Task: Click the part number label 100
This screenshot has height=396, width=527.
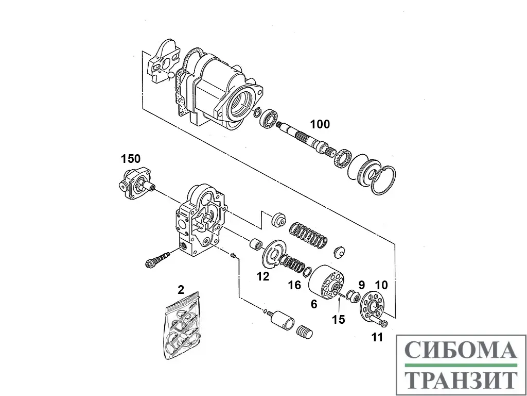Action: (320, 124)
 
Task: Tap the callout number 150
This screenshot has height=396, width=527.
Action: (131, 159)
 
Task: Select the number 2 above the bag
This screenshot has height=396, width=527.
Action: (181, 290)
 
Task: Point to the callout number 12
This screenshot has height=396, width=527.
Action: (263, 276)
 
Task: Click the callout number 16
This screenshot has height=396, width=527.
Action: (294, 285)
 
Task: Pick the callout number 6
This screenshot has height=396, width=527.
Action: (314, 304)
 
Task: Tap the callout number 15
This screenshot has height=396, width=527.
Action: (339, 319)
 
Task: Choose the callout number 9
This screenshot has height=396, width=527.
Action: (361, 285)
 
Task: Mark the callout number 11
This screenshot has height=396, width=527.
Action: (377, 337)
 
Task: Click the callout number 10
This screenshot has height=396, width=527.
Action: (381, 285)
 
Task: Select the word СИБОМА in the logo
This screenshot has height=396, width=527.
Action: (461, 350)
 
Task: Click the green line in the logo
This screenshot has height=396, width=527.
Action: (461, 365)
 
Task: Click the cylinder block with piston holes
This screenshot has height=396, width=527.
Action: (326, 282)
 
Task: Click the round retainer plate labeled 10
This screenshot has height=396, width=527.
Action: (372, 305)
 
